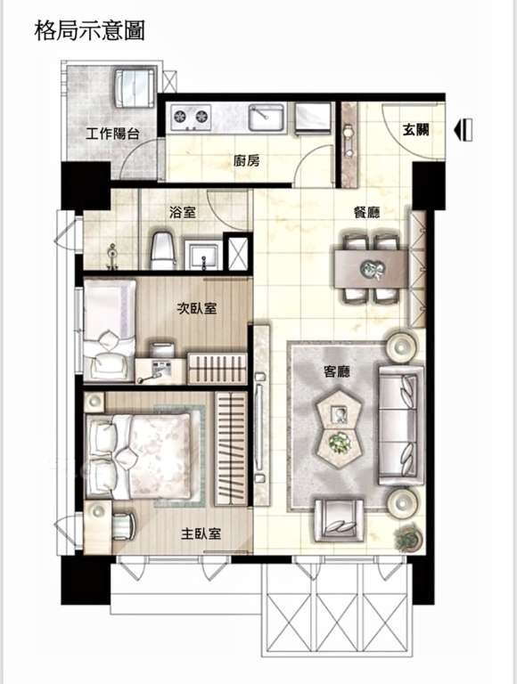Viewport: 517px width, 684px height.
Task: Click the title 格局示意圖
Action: (89, 30)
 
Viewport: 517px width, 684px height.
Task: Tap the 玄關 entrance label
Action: (415, 129)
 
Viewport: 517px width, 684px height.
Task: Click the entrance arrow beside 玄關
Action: (464, 130)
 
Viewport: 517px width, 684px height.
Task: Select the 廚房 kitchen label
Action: (247, 161)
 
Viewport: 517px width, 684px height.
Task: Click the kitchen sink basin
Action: (267, 117)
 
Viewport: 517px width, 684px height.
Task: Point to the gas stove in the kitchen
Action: (191, 117)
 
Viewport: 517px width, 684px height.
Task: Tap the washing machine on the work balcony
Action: (135, 86)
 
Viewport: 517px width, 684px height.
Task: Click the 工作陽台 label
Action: (112, 134)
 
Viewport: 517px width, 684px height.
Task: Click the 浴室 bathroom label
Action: (183, 213)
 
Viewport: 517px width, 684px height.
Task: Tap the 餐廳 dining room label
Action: (366, 213)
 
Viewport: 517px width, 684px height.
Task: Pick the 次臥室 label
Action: (197, 308)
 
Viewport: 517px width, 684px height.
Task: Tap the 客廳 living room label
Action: (337, 371)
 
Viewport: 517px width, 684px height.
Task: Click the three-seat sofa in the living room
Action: (401, 426)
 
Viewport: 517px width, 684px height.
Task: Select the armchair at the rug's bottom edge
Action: (339, 520)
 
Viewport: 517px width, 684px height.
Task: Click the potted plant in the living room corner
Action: (408, 537)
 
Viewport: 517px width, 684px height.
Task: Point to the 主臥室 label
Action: (201, 533)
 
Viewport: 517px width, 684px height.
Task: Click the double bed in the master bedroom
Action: (139, 456)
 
